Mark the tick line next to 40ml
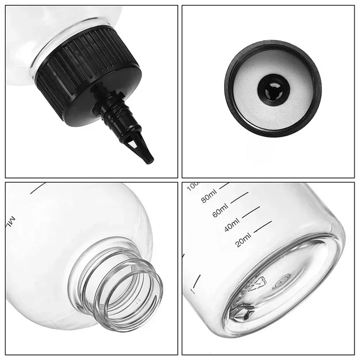click(x=263, y=222)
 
